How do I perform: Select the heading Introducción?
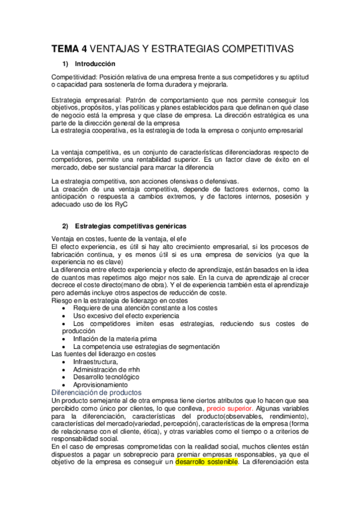95,64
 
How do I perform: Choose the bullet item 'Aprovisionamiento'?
100,384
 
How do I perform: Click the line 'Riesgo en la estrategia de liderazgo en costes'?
120,300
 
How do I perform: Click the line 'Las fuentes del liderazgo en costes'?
104,354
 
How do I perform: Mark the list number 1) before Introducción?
66,64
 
